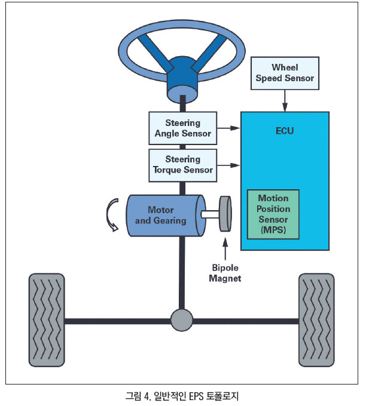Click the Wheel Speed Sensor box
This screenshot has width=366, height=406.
(285, 73)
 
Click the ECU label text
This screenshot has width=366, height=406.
(285, 130)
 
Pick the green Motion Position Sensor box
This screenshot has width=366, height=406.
(273, 213)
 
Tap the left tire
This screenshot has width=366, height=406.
(47, 319)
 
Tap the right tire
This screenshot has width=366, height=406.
(317, 319)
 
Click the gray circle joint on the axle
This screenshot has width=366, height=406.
(182, 320)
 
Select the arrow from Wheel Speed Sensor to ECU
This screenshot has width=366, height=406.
(285, 99)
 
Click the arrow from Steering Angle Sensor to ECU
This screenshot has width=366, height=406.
(227, 127)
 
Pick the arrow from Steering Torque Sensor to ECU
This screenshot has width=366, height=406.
(227, 165)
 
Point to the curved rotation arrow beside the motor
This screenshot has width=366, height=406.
(112, 215)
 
